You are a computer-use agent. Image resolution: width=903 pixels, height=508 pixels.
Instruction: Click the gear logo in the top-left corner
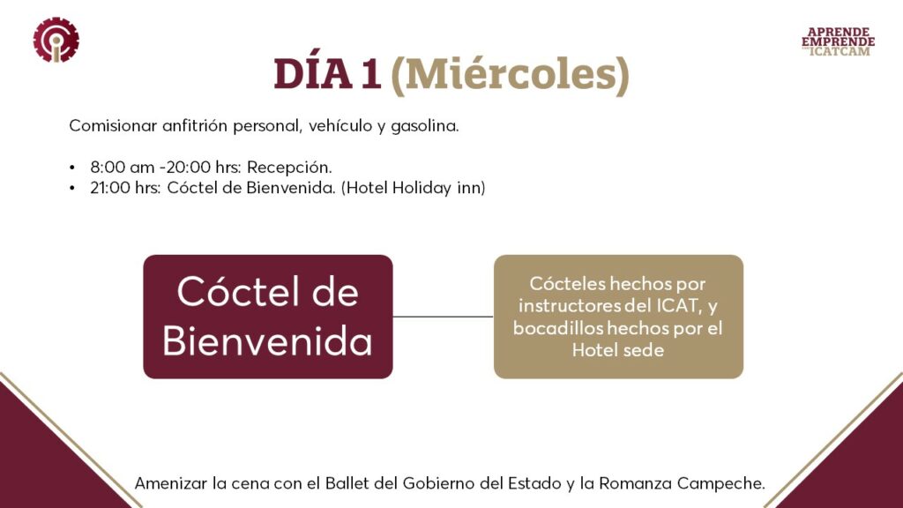point(56,40)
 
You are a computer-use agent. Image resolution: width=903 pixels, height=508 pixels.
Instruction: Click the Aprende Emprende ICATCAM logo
point(838,41)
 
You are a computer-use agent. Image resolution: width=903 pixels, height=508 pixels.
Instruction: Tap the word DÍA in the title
point(311,74)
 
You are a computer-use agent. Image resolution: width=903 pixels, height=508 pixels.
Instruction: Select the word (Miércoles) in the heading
point(511,76)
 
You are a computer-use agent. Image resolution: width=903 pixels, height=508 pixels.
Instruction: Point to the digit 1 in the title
point(370,74)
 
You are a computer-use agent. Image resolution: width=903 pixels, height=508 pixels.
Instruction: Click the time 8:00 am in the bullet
point(122,167)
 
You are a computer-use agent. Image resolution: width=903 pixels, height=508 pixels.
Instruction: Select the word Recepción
point(289,168)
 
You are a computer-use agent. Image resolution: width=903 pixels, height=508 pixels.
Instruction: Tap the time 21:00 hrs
point(125,188)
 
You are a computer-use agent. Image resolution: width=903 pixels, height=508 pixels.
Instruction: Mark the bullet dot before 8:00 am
point(72,168)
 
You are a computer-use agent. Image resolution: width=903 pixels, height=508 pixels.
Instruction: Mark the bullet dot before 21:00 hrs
point(72,189)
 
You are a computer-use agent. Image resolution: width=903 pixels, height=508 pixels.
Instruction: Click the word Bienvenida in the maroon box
point(268,341)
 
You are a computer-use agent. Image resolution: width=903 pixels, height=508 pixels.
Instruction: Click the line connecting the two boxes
point(443,317)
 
